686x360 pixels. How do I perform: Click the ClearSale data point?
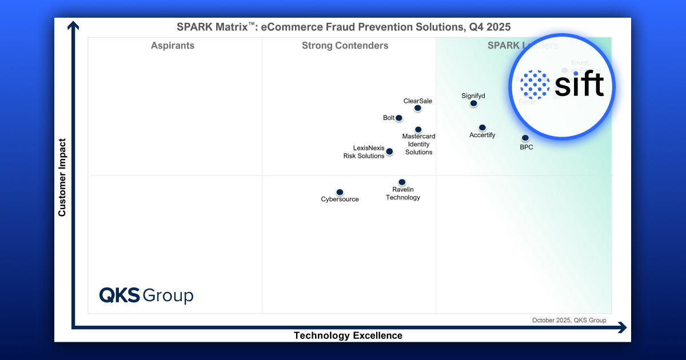click(418, 108)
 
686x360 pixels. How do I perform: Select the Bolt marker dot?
click(399, 118)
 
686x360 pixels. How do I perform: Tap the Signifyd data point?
click(473, 103)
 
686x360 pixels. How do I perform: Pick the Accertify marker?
click(482, 127)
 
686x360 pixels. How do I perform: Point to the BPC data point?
click(525, 138)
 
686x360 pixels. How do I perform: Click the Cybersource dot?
click(340, 193)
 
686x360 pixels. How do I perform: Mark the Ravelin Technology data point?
click(402, 182)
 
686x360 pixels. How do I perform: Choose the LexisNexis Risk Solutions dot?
click(389, 151)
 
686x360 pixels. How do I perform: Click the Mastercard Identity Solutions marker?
click(418, 130)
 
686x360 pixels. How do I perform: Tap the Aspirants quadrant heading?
click(173, 46)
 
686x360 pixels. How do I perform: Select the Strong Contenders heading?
click(345, 46)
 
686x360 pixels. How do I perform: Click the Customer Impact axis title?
click(62, 178)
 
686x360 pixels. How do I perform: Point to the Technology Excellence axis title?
click(348, 335)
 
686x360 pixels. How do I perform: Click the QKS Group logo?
click(146, 295)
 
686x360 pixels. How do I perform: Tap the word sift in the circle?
click(579, 86)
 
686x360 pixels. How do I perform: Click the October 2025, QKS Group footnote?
click(569, 320)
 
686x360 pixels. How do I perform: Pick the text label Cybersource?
click(340, 199)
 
